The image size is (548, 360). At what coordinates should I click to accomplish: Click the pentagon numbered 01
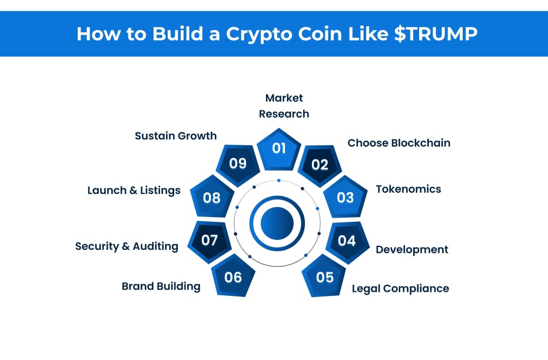tap(278, 148)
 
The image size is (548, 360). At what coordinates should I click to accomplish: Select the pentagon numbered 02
tap(320, 164)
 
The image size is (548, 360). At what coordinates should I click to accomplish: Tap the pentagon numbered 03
tap(344, 197)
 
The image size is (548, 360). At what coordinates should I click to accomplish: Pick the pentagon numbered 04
tap(347, 240)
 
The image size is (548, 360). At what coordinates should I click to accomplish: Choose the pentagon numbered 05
tap(324, 276)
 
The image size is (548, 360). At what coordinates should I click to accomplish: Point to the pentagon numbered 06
tap(233, 276)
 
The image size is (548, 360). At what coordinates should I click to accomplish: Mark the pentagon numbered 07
tap(210, 240)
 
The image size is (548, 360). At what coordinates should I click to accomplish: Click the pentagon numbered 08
tap(211, 197)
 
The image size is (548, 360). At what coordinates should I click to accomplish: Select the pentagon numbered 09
tap(238, 163)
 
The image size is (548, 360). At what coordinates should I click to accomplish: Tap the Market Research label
tap(284, 106)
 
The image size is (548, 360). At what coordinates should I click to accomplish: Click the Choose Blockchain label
tap(398, 143)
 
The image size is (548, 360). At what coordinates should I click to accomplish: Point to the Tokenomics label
tap(408, 189)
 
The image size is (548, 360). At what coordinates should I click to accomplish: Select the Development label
tap(412, 249)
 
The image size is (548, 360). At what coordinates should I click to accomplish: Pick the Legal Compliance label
tap(400, 288)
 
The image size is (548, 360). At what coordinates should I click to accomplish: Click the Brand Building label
tap(161, 286)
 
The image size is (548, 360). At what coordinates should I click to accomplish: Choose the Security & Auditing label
tap(127, 246)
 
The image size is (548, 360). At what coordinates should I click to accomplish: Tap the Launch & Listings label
tap(134, 190)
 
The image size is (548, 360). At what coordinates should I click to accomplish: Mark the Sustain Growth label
tap(175, 136)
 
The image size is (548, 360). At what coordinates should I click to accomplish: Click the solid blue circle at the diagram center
tap(277, 223)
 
